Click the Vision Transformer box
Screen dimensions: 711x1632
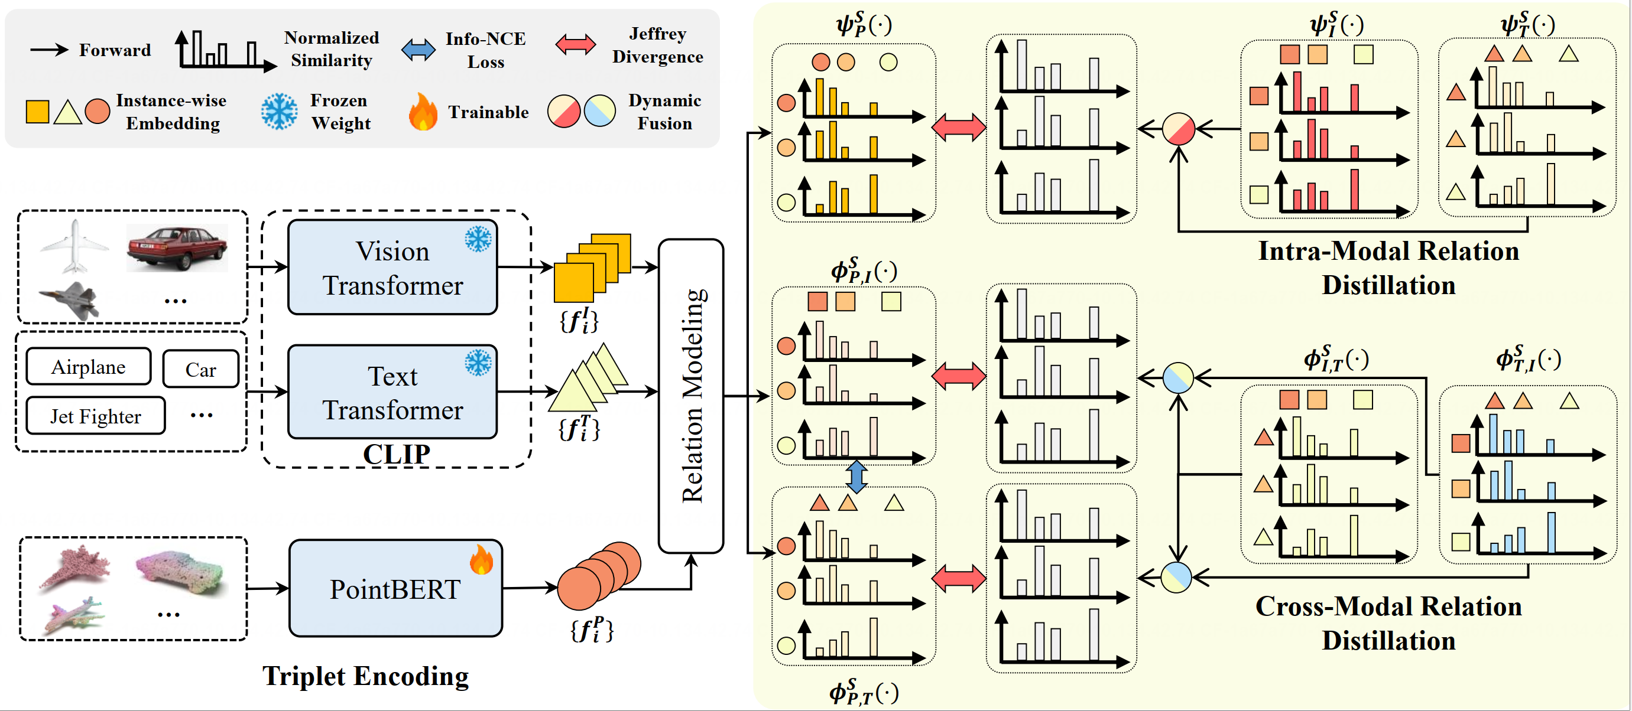[x=392, y=267]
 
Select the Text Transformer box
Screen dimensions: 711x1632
[x=392, y=392]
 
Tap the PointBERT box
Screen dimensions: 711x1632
[x=395, y=589]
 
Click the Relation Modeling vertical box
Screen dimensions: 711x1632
[x=691, y=396]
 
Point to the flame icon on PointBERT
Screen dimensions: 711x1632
[x=482, y=559]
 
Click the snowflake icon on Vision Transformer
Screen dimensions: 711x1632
[x=478, y=239]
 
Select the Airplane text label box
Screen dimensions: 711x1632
[x=89, y=367]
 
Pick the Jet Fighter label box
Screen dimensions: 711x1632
[x=96, y=416]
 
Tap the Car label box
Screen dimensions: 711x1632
[x=201, y=369]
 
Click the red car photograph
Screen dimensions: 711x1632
[x=177, y=247]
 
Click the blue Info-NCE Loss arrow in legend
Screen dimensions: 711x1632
[x=418, y=50]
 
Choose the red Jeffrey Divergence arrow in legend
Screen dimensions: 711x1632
[x=575, y=44]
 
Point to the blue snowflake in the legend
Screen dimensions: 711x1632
[x=279, y=112]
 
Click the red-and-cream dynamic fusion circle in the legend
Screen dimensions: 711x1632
[x=564, y=112]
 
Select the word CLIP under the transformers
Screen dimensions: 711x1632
[x=397, y=454]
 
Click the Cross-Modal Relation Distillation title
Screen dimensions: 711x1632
[x=1388, y=623]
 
